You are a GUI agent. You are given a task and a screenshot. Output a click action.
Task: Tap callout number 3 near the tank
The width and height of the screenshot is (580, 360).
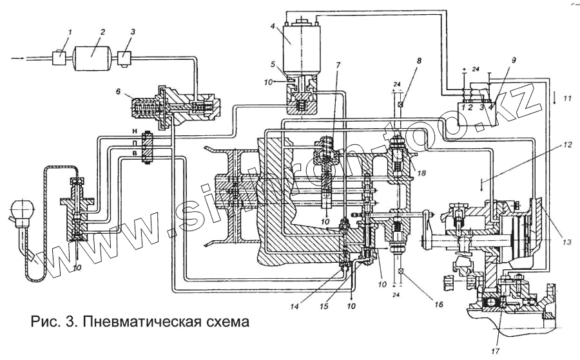(132, 32)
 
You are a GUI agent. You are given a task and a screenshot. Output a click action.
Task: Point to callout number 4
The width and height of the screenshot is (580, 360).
(273, 26)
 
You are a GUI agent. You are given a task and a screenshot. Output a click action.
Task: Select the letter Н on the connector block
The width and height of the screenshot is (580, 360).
(134, 131)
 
